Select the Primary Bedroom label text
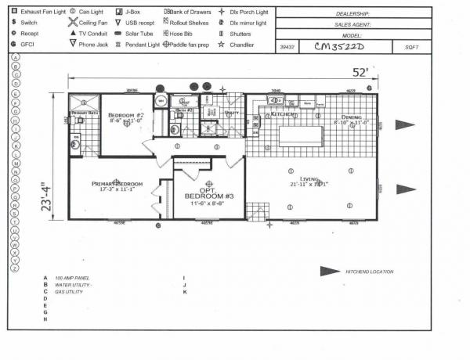(115, 184)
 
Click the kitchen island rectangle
(301, 136)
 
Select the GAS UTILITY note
(67, 292)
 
